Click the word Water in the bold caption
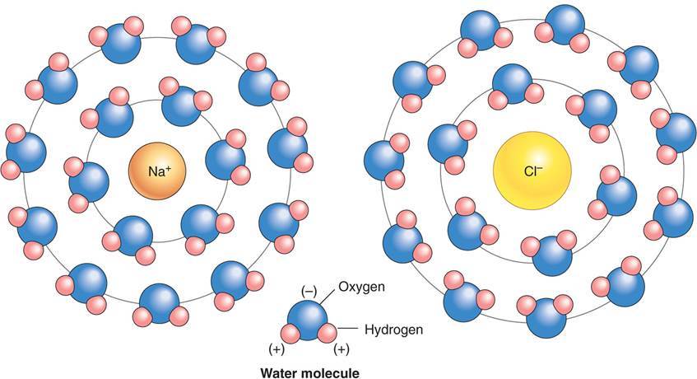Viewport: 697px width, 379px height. click(x=279, y=372)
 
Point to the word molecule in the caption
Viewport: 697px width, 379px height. click(x=332, y=372)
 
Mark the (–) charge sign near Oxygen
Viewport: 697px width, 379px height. click(x=309, y=290)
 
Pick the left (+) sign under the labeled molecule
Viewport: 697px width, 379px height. click(x=276, y=349)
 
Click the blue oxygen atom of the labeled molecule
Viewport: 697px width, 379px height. click(x=308, y=317)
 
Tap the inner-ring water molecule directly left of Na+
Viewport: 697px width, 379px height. click(x=91, y=181)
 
